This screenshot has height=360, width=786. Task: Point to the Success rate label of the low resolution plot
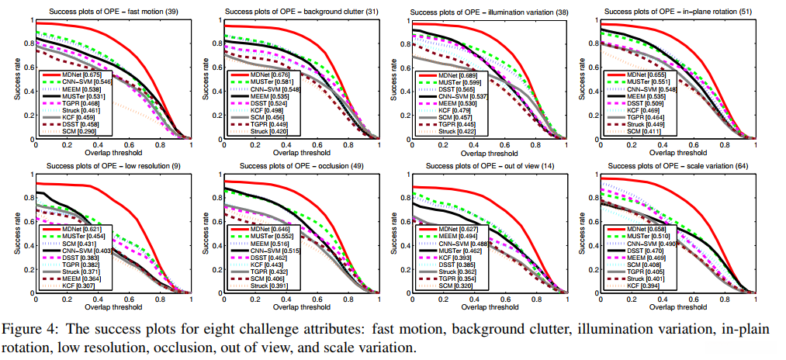coord(16,232)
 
